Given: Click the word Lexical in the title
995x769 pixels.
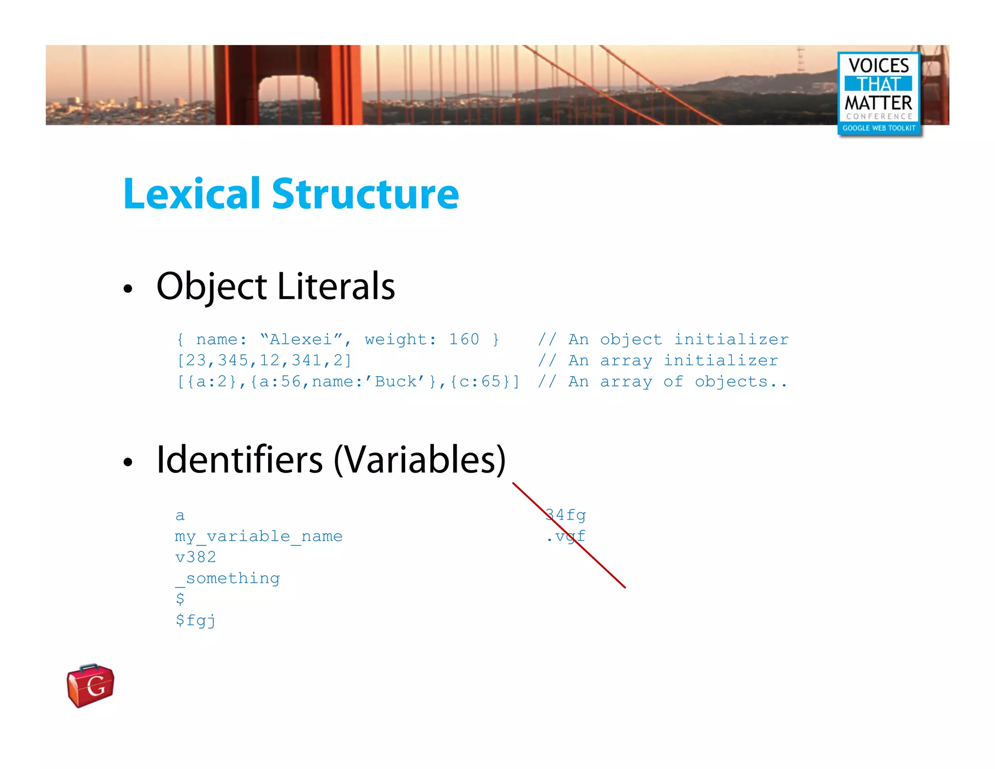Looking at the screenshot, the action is pos(192,194).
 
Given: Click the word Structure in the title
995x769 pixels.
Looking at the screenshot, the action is pos(365,194).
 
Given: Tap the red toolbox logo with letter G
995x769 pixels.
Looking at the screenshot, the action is pos(91,685).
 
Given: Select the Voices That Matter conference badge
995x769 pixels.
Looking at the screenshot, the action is pos(879,93).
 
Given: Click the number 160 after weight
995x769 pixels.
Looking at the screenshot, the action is pos(464,339).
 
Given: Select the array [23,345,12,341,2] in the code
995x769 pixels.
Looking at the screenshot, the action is pos(264,360).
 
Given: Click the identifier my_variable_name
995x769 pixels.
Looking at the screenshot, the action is pos(258,536).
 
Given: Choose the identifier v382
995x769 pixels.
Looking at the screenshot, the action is pos(196,557).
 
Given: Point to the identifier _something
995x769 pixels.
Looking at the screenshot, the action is pos(227,578).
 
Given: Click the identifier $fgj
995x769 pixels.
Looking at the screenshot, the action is pos(195,620).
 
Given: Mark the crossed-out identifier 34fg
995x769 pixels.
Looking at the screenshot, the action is pos(566,515).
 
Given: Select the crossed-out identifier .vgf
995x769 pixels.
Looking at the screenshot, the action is pos(566,536).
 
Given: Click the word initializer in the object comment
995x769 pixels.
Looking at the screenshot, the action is pos(731,339).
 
